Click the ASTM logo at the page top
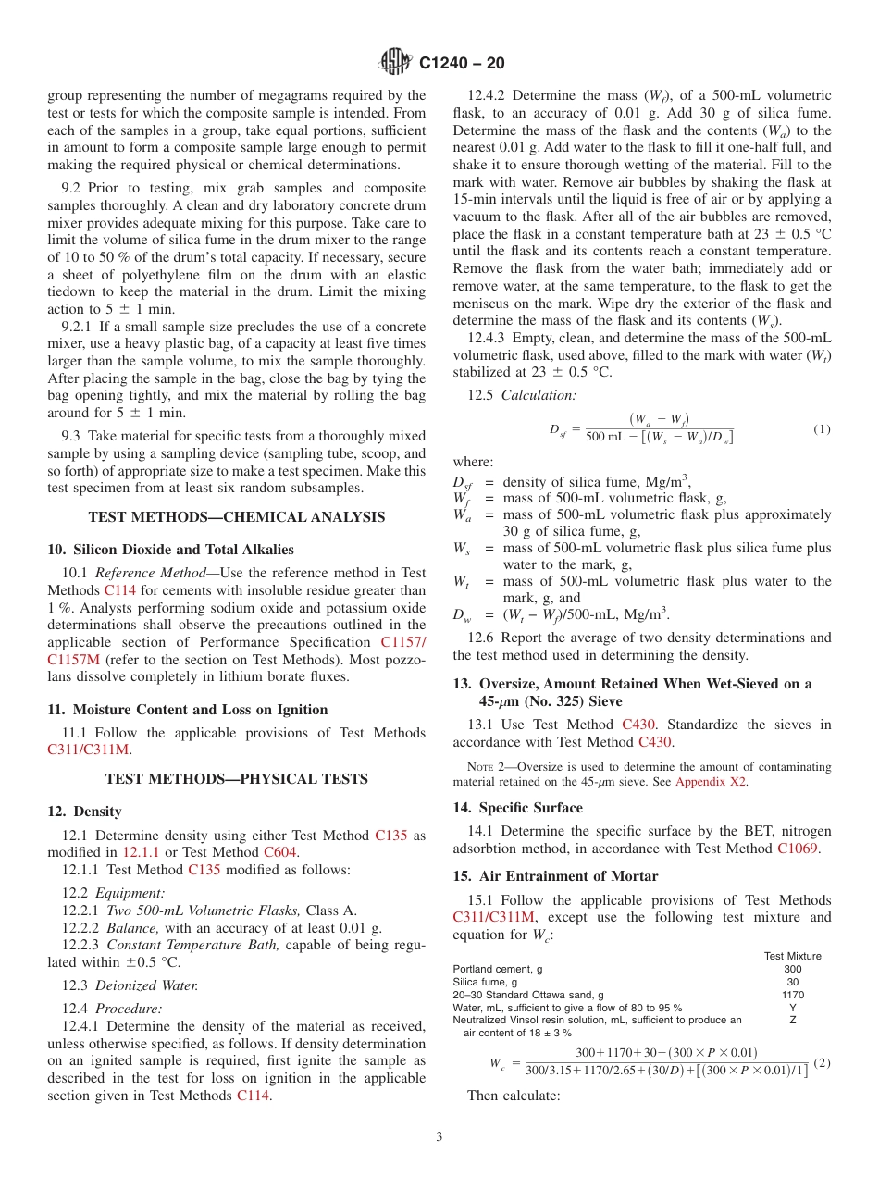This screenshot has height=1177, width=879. click(x=396, y=63)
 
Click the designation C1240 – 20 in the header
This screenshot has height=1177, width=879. click(x=462, y=64)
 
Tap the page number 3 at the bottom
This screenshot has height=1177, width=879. click(x=439, y=1136)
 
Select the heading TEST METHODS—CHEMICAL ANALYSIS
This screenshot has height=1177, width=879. click(x=236, y=517)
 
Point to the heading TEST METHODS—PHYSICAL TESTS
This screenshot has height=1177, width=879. click(x=236, y=779)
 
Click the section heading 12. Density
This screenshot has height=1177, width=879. click(x=84, y=812)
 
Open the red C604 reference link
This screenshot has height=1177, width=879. click(x=280, y=852)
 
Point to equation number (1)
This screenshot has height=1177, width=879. click(x=822, y=429)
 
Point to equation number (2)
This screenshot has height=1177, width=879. click(x=822, y=1063)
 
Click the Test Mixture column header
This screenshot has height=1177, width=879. click(x=792, y=956)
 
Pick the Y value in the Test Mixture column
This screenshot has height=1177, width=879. click(x=792, y=1008)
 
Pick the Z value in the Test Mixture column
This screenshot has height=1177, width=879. click(x=792, y=1020)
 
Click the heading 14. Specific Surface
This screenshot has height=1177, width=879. click(x=517, y=808)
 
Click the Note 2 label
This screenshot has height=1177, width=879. click(x=482, y=767)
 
